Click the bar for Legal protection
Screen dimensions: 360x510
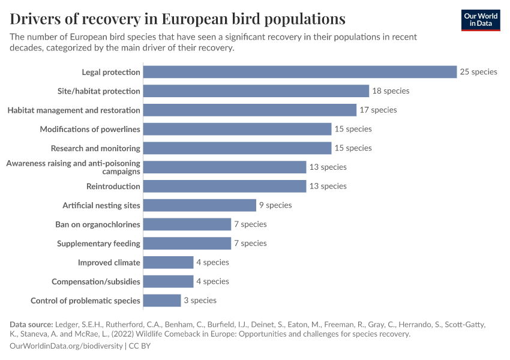(300, 72)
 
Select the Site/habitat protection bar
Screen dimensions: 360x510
(256, 91)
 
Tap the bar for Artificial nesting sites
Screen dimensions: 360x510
(200, 205)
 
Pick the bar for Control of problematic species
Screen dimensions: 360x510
(162, 301)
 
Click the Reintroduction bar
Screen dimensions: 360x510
(225, 186)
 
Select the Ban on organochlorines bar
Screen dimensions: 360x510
(187, 224)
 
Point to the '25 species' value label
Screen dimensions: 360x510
(478, 72)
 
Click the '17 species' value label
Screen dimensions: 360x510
(378, 110)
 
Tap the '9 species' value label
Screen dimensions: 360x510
(275, 205)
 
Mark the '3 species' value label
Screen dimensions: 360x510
(200, 300)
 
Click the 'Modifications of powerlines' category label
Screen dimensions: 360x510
(90, 129)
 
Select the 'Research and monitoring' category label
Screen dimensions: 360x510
(95, 148)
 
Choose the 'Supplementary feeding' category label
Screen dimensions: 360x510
(98, 244)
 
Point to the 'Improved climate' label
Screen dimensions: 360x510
(109, 262)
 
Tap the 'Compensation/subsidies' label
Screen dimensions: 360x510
(96, 281)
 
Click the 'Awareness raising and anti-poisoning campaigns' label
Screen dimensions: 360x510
(73, 167)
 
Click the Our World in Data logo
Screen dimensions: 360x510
(480, 20)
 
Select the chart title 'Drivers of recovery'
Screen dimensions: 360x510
(178, 19)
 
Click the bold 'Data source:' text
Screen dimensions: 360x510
(31, 325)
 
